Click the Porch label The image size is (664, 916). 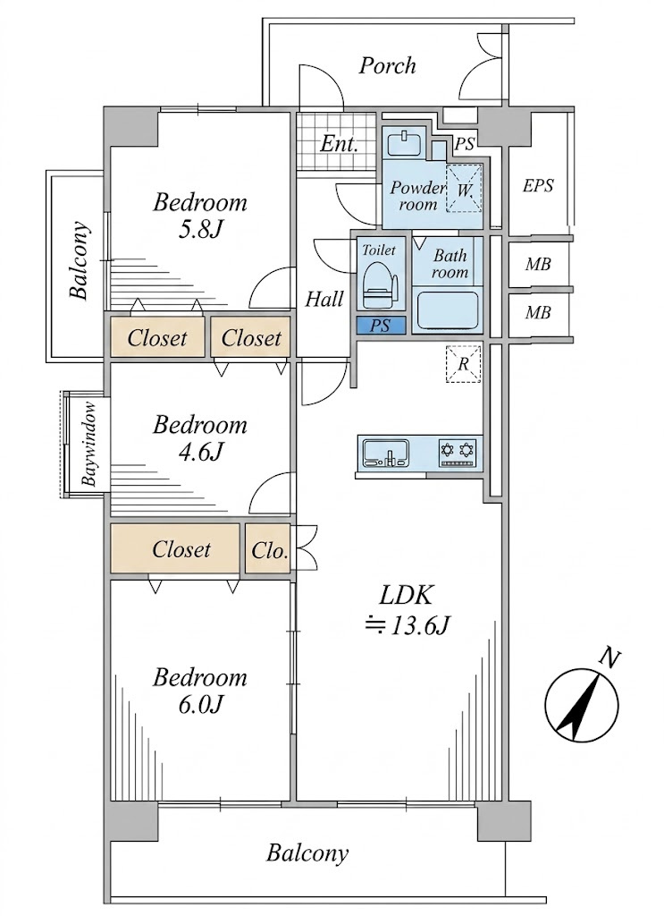coord(387,65)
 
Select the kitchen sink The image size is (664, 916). coord(386,453)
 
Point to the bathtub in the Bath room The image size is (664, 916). coord(448,310)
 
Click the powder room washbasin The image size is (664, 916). coord(402,143)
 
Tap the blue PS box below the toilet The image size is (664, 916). coord(381,326)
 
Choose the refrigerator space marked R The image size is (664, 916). coord(463,364)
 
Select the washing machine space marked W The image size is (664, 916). coord(464,188)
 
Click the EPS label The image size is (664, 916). coord(537,186)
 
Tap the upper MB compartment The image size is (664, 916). coord(537,264)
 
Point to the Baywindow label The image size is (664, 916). coord(88,444)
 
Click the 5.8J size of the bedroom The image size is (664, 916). coord(200,229)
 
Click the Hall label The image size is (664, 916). coord(324,299)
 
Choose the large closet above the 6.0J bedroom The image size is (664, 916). coord(175,548)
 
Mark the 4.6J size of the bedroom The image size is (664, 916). coord(200,451)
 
